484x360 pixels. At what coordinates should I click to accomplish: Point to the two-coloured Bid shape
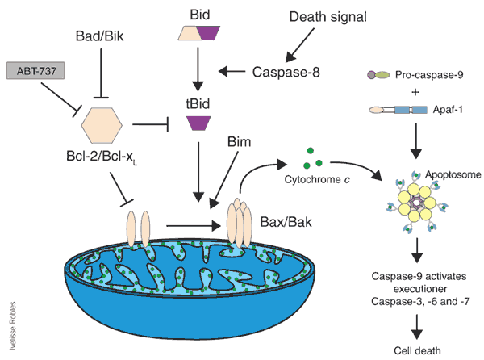coord(198,33)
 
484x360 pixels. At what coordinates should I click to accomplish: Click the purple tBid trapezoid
coord(198,123)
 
